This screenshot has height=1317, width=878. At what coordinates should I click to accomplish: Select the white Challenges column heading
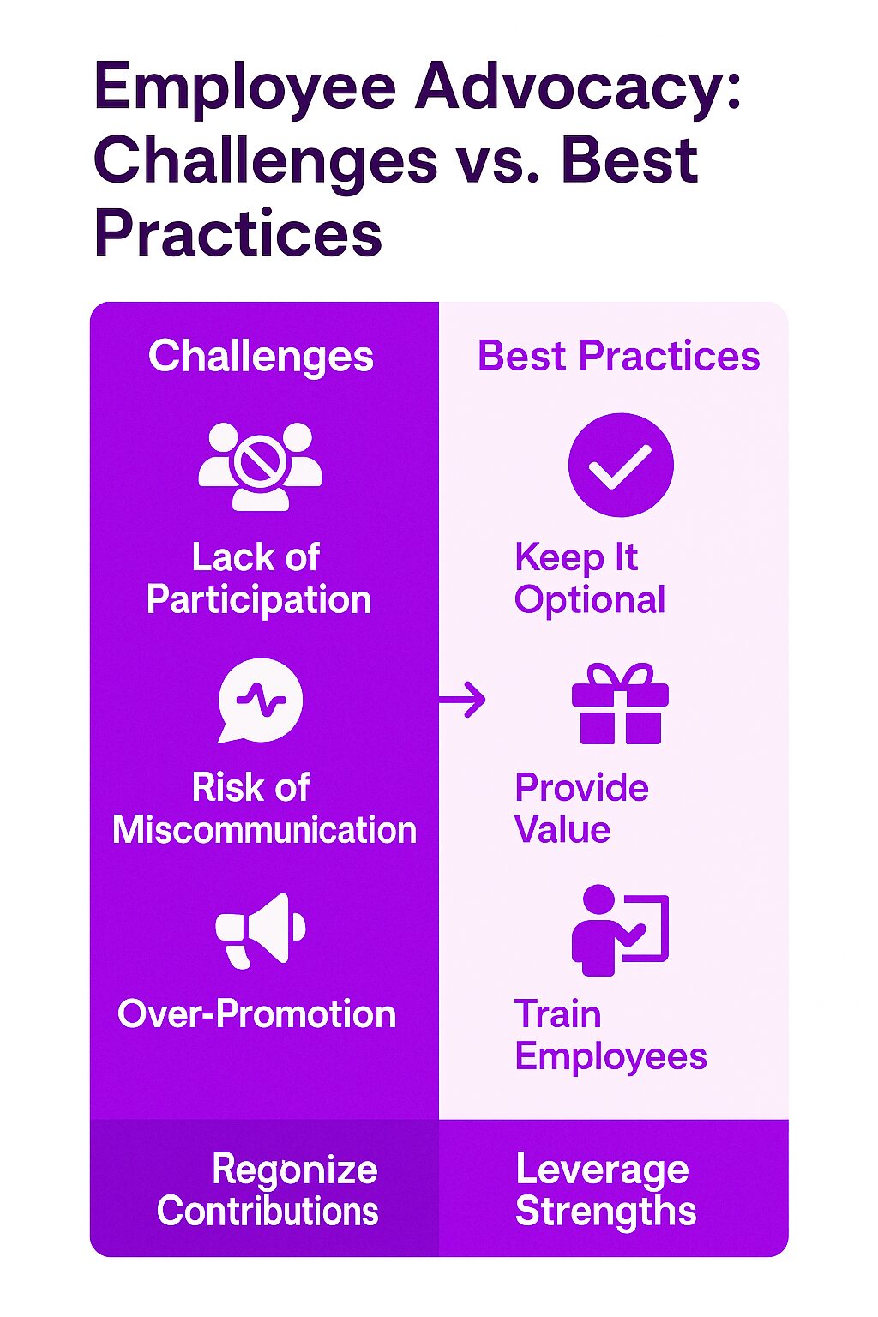(262, 358)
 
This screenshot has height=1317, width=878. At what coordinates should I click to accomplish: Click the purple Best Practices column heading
(619, 357)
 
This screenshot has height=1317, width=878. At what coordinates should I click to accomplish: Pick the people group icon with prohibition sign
(261, 466)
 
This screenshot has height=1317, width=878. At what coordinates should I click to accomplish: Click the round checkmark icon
(621, 465)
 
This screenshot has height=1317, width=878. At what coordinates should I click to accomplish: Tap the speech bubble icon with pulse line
(261, 701)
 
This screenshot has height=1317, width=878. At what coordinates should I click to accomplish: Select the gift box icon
(621, 704)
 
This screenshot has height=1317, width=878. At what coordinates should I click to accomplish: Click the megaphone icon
(261, 931)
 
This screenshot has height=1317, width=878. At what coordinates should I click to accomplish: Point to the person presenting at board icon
(620, 930)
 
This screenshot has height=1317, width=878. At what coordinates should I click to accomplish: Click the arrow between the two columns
(462, 700)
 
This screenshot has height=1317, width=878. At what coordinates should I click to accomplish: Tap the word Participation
(259, 601)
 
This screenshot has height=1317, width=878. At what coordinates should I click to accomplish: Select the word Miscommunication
(265, 830)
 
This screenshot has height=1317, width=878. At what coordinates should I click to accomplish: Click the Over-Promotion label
(257, 1014)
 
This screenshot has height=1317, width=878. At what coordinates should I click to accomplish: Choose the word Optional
(590, 601)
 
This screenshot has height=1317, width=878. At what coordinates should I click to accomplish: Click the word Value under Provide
(562, 830)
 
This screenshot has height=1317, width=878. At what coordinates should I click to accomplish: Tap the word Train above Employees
(558, 1014)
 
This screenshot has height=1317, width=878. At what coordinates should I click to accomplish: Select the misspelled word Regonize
(295, 1170)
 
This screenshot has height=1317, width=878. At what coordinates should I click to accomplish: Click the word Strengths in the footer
(605, 1212)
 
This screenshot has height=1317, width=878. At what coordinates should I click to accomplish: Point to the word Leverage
(602, 1170)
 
